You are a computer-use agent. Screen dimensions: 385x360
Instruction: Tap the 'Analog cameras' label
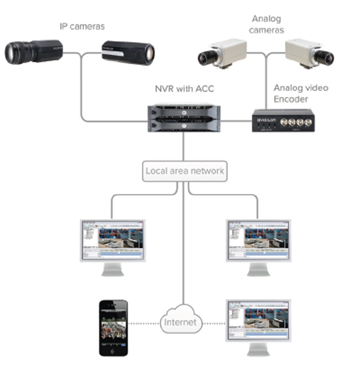tap(266, 25)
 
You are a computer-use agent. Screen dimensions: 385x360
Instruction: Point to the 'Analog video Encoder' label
tap(300, 93)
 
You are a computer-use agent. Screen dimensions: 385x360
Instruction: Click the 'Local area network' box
tap(185, 171)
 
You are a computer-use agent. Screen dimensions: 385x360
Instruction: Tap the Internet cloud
tap(181, 323)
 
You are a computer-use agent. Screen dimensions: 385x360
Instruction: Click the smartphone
tap(113, 328)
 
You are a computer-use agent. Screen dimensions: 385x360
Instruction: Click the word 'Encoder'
tap(291, 99)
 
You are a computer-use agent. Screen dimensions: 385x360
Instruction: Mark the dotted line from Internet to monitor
tap(215, 324)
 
